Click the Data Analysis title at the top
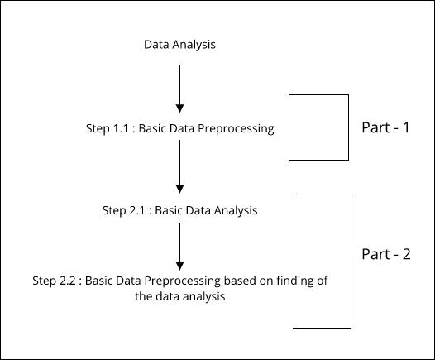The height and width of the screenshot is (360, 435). [x=179, y=45]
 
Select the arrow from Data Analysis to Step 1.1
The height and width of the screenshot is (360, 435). [x=179, y=89]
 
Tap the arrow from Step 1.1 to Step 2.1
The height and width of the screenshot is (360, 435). [x=179, y=166]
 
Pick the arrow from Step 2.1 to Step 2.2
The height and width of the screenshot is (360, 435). [x=179, y=247]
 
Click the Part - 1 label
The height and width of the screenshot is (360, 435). [x=385, y=127]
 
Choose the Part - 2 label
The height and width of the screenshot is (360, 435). [x=386, y=254]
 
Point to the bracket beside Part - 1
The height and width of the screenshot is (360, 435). [x=348, y=127]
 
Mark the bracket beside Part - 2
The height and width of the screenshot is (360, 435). [x=351, y=261]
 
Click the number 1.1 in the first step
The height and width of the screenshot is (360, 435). [x=121, y=128]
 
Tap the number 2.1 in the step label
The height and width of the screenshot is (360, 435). [x=137, y=210]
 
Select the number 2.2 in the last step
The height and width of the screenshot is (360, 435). [x=68, y=281]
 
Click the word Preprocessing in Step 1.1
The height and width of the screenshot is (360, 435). [x=236, y=129]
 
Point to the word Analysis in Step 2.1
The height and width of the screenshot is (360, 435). [x=236, y=211]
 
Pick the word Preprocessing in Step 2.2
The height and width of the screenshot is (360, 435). [x=182, y=281]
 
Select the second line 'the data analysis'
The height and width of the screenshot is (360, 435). [x=180, y=297]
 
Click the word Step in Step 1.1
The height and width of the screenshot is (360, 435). [x=98, y=129]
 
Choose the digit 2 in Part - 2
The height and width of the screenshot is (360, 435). [x=406, y=254]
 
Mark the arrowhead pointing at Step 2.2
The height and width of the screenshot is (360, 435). [x=179, y=266]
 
